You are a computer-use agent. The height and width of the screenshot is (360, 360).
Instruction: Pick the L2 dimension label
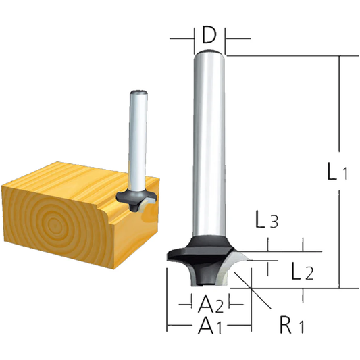pyautogui.click(x=301, y=272)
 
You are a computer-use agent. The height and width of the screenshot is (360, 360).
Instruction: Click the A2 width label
pyautogui.click(x=209, y=302)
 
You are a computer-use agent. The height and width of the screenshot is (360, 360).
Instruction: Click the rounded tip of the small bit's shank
pyautogui.click(x=140, y=93)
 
